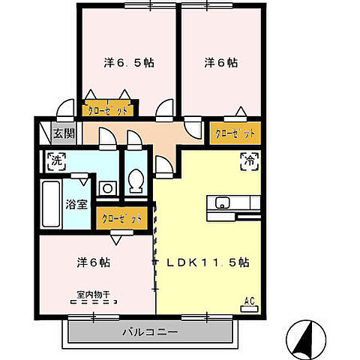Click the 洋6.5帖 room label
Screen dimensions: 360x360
[129, 64]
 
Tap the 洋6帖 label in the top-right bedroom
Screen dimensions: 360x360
[221, 64]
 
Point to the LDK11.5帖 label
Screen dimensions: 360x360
[208, 263]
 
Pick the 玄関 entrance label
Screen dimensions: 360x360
[63, 134]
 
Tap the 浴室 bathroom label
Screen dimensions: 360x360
[76, 203]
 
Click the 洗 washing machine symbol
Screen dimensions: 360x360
[56, 160]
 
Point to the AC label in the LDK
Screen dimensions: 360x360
[250, 301]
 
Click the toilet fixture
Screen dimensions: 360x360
[136, 181]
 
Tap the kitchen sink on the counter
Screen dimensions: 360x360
[223, 202]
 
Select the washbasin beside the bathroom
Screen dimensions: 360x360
[106, 188]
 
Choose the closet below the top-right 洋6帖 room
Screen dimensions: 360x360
[235, 133]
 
